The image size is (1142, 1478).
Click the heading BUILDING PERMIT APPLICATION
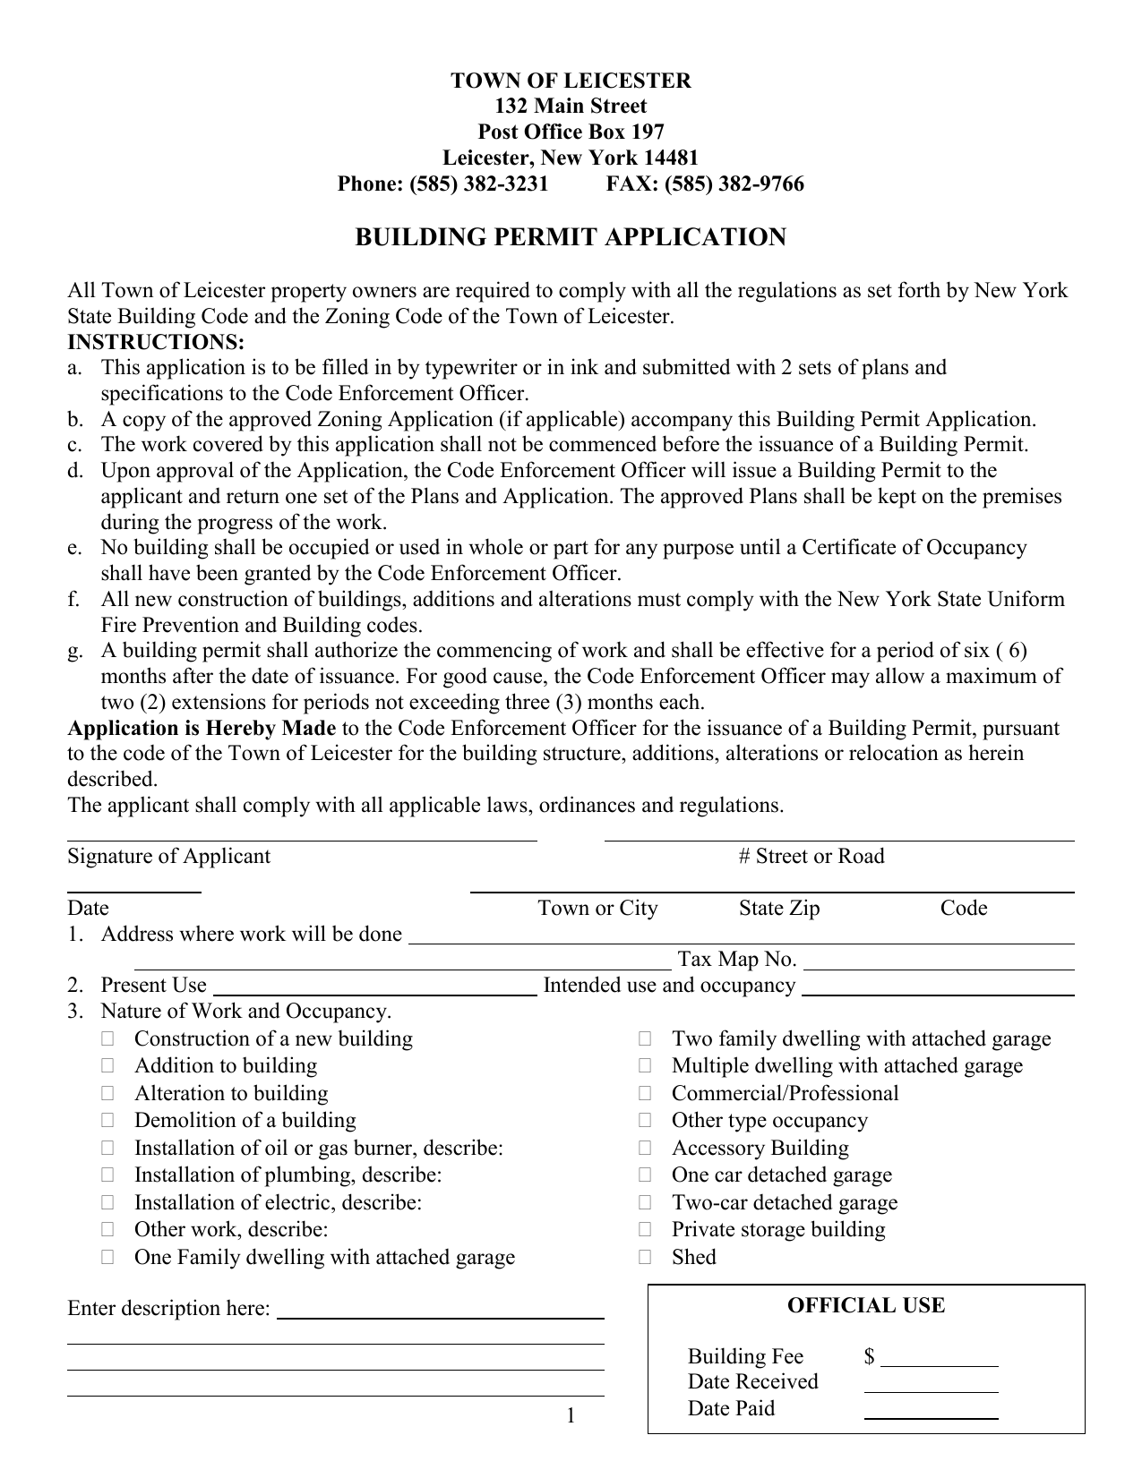tap(571, 237)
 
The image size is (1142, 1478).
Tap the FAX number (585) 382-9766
tap(734, 184)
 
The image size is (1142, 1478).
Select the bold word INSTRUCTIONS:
tap(156, 342)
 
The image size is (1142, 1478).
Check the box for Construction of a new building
tap(107, 1039)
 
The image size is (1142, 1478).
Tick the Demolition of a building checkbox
tap(107, 1121)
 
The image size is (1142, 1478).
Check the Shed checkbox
tap(645, 1258)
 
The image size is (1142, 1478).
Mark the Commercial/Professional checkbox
tap(645, 1094)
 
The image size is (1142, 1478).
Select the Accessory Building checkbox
tap(645, 1149)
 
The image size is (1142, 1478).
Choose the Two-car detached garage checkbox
tap(645, 1203)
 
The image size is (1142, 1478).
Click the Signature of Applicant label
tap(168, 857)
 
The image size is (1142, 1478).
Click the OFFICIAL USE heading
tap(865, 1305)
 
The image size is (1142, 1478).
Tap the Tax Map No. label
tap(736, 960)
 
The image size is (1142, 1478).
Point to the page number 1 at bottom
tap(571, 1415)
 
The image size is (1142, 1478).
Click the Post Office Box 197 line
tap(571, 132)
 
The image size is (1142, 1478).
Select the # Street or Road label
tap(811, 857)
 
